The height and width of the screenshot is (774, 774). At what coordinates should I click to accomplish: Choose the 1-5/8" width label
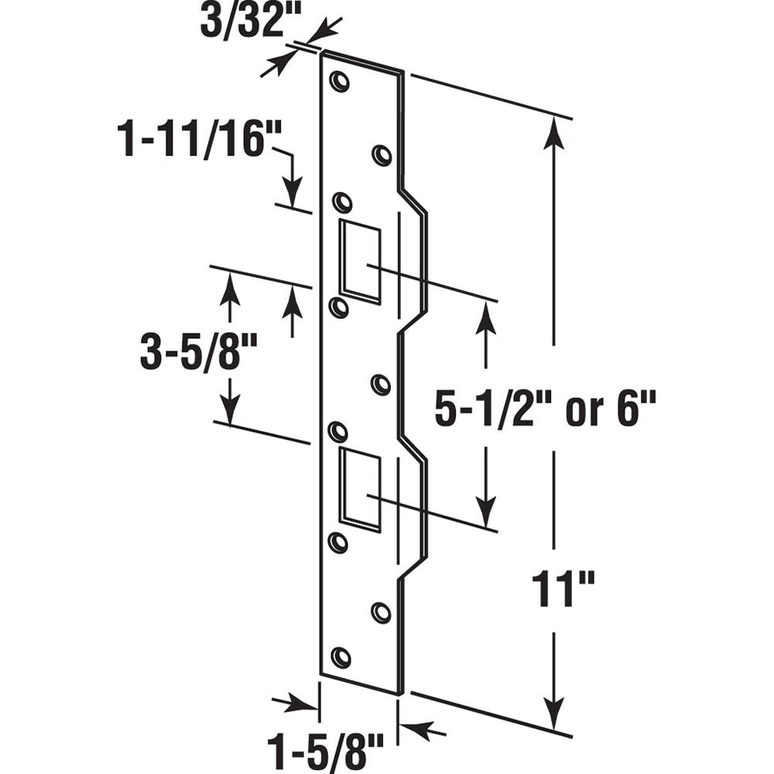click(325, 751)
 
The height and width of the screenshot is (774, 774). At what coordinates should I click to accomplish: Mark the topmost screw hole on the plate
click(339, 81)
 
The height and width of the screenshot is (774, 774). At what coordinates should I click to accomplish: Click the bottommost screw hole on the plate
click(341, 657)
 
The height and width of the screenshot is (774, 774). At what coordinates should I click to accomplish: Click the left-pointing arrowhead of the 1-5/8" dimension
click(426, 728)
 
